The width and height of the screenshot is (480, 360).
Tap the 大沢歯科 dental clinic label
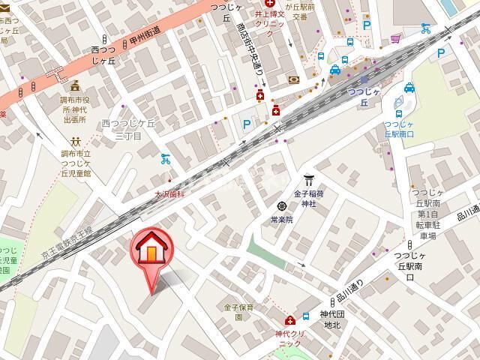[169, 193]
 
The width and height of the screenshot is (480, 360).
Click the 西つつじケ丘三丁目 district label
[127, 128]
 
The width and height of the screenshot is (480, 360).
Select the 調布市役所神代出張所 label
[75, 109]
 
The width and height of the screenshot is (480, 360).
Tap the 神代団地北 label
[330, 319]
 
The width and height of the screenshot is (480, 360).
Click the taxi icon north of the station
[335, 70]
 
